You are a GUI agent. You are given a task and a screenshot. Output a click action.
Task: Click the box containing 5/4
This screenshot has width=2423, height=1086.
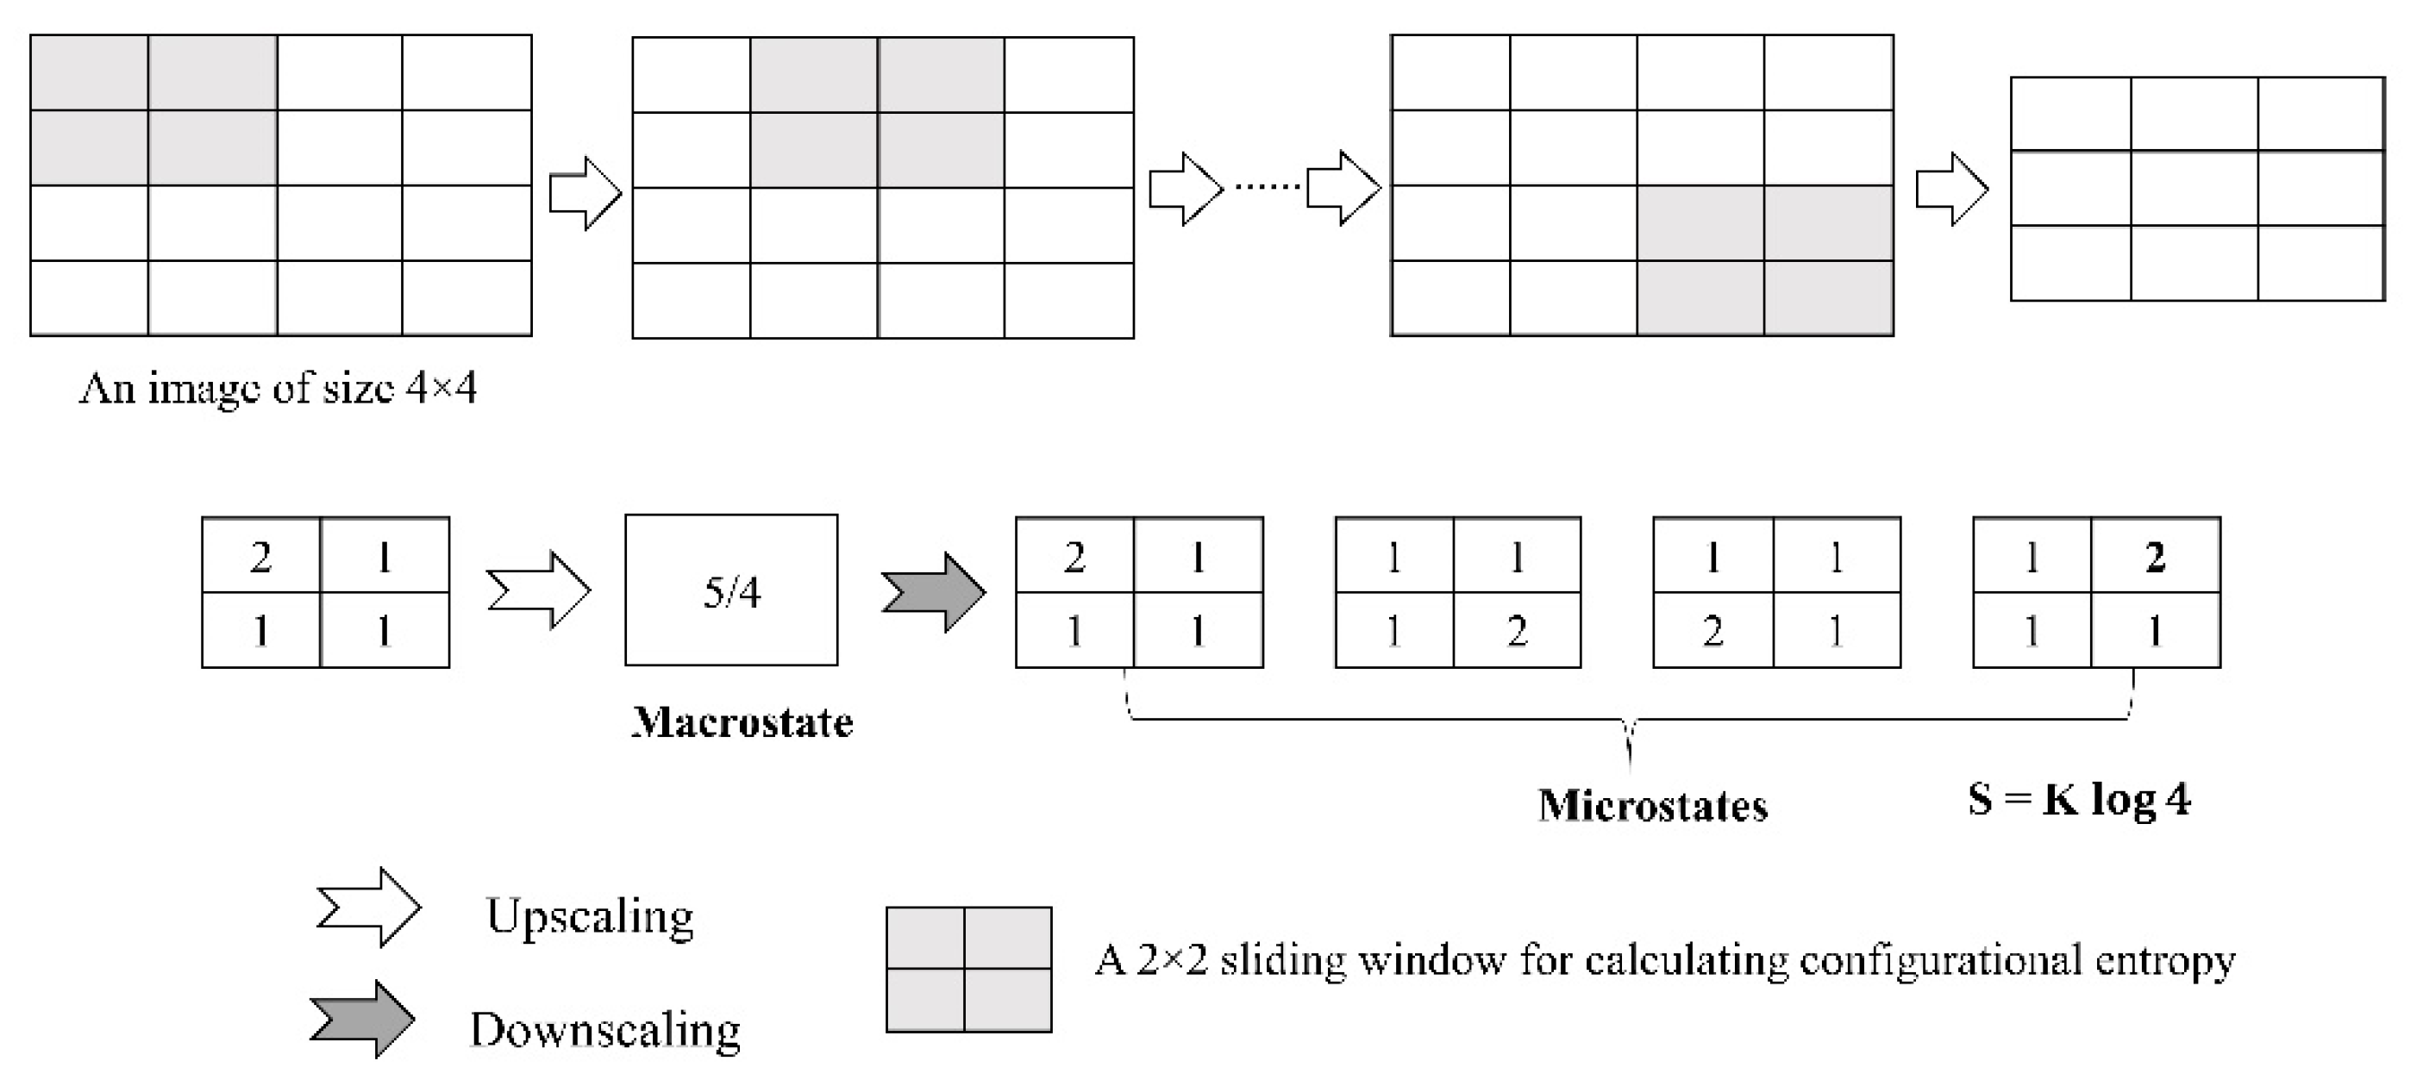click(x=731, y=590)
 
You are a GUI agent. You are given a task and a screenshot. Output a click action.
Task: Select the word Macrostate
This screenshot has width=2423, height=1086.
click(x=742, y=723)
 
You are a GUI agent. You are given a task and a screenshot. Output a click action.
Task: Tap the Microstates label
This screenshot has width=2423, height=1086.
click(x=1653, y=806)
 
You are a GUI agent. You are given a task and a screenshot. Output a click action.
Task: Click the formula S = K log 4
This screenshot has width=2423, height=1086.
click(x=2079, y=799)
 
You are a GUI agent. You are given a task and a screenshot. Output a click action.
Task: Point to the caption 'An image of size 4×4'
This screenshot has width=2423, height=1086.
click(x=278, y=387)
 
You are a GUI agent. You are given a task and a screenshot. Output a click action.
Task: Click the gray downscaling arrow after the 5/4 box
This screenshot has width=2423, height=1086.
click(x=933, y=592)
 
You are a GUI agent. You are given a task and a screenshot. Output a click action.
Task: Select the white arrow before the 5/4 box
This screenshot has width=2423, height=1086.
click(x=539, y=590)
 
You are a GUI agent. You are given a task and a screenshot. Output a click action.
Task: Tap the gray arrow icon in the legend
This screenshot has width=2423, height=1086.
click(x=363, y=1020)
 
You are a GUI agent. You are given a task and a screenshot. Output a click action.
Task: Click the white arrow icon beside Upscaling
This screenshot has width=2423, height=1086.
click(x=369, y=908)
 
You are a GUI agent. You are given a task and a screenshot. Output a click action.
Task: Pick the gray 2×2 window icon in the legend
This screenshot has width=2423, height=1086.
click(x=969, y=970)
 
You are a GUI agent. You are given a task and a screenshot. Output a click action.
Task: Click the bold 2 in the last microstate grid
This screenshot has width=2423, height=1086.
click(x=2155, y=558)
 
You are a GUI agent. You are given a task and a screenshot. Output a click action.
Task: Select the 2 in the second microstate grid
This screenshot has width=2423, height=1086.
click(x=1516, y=631)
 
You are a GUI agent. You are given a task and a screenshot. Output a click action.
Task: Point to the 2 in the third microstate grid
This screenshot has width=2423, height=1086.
click(x=1712, y=631)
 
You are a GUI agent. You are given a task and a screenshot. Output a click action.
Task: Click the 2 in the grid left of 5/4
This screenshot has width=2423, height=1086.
click(x=260, y=558)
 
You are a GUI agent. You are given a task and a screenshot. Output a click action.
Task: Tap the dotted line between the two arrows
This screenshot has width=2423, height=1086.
click(x=1266, y=187)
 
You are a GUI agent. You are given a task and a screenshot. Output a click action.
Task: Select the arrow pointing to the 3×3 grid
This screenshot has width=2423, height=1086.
click(x=1951, y=189)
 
